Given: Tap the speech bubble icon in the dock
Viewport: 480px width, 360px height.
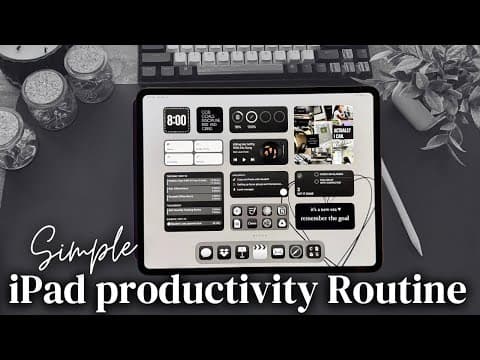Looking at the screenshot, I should point(206,252).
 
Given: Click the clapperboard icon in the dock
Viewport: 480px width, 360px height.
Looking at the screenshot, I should point(259,252).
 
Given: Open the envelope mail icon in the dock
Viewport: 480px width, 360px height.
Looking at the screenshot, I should point(278,252).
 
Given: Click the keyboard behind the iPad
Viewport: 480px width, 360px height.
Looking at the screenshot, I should point(250,66).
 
